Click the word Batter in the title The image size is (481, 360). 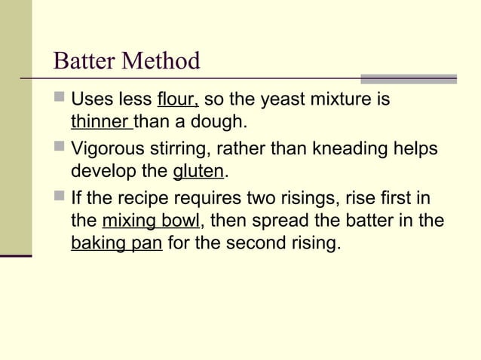pos(85,61)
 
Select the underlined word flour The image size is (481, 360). pos(177,100)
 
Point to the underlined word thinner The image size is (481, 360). pos(101,121)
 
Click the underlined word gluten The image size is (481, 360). pos(198,172)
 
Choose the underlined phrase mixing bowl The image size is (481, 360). pos(151,222)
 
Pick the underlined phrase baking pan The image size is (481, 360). pos(116,244)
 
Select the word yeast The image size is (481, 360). pos(282,100)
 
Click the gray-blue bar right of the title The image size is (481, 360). pos(409,78)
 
